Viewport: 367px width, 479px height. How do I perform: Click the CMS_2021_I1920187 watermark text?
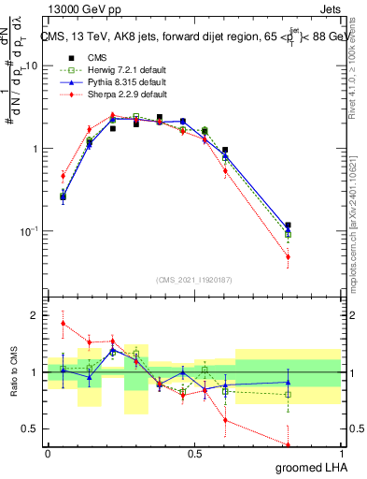point(195,280)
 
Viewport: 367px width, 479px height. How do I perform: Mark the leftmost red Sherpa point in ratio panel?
point(63,324)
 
